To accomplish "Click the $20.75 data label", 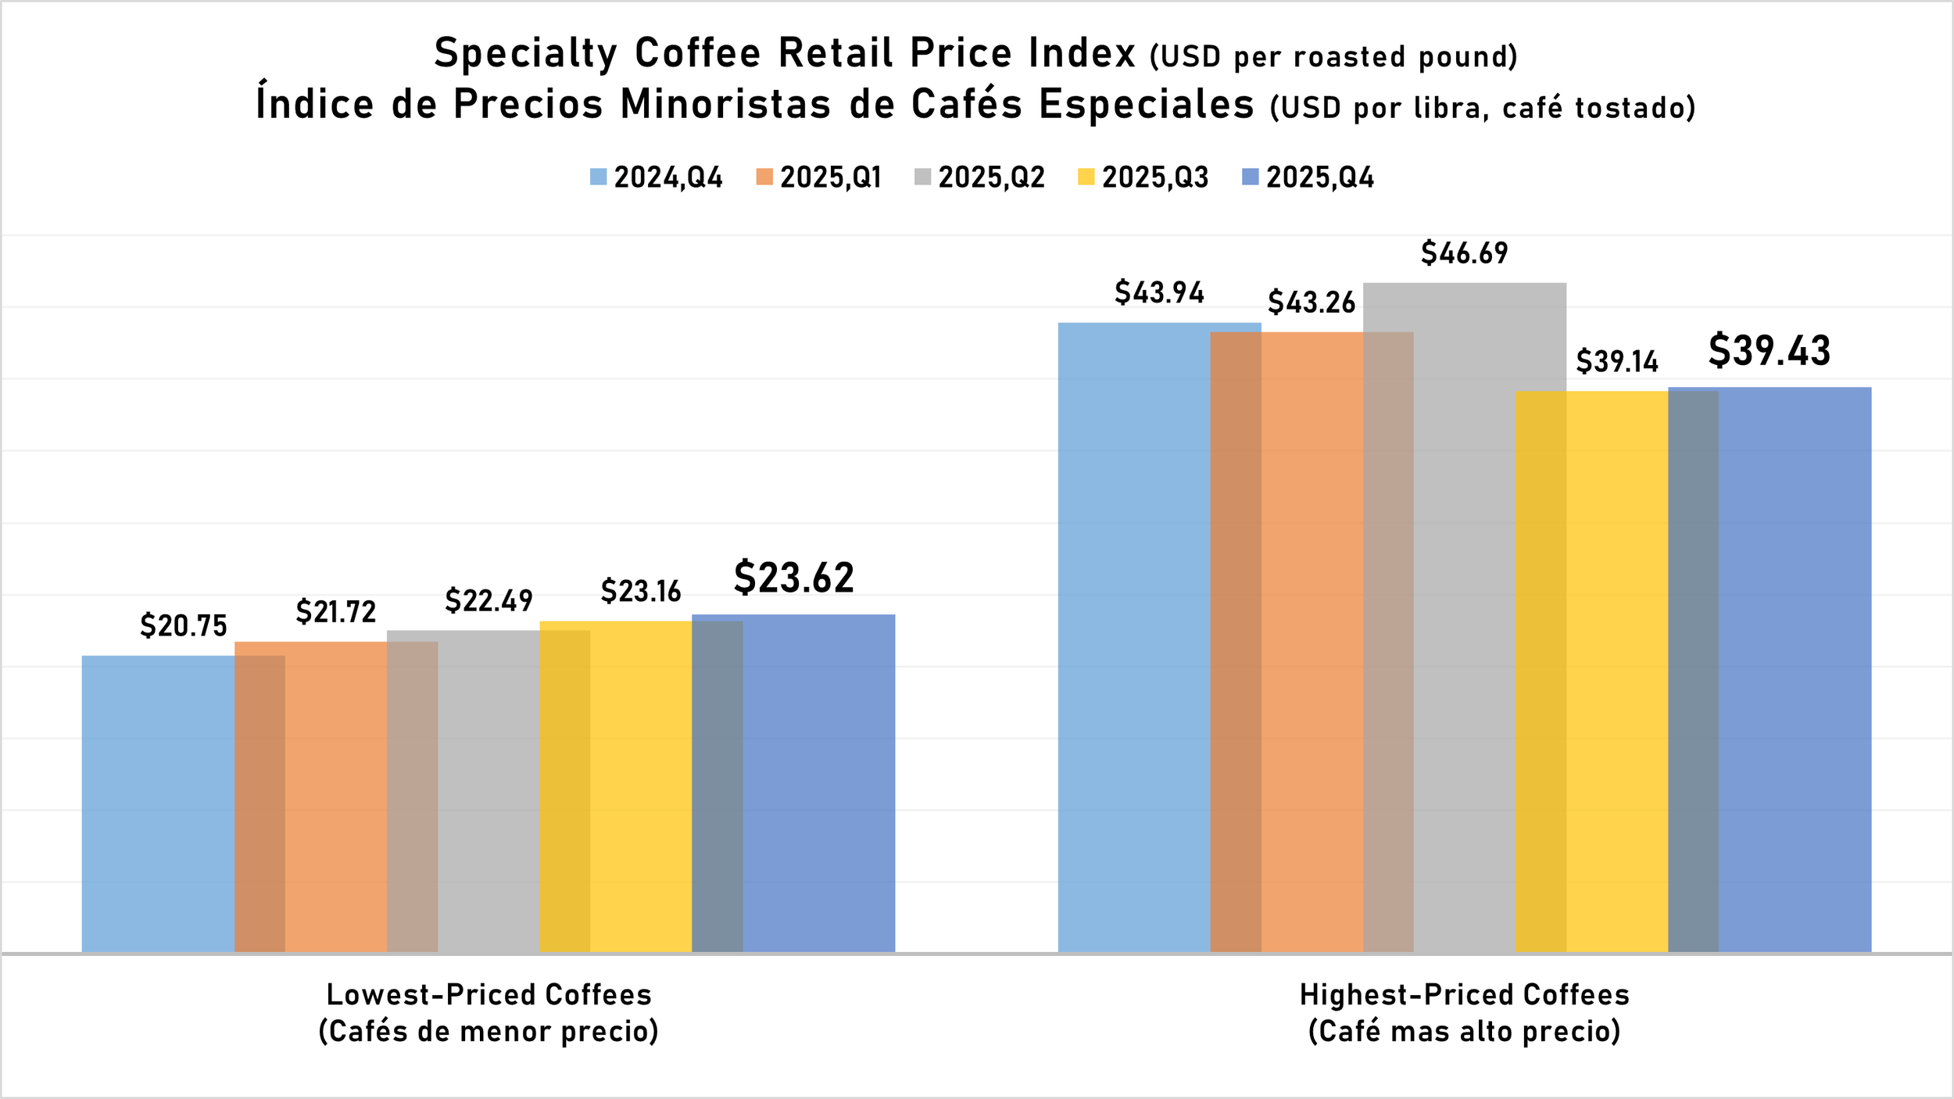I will click(x=184, y=626).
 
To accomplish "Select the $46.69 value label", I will click(x=1464, y=253).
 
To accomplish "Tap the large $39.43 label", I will click(x=1769, y=351).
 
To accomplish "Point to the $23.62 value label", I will click(x=793, y=578).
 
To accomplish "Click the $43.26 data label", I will click(x=1312, y=302).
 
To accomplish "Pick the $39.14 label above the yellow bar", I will click(x=1616, y=362).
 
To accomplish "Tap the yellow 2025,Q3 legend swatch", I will click(x=1086, y=177).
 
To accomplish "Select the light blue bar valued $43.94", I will click(x=1133, y=625).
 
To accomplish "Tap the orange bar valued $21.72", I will click(x=336, y=797).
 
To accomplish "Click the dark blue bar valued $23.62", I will click(x=817, y=782).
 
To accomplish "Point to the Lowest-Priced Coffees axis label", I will click(x=488, y=995).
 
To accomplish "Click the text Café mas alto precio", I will click(x=1464, y=1032).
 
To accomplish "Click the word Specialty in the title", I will click(x=525, y=53).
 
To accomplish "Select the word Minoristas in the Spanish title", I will click(x=725, y=104).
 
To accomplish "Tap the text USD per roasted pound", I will click(x=1333, y=57).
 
